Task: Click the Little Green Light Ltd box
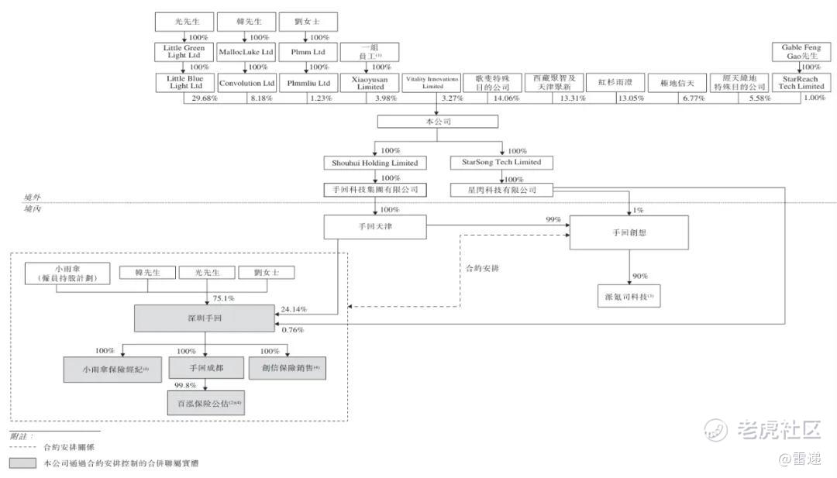tap(184, 53)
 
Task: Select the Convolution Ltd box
tap(246, 83)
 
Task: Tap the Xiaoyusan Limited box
tap(370, 83)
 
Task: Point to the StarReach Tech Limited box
tap(801, 83)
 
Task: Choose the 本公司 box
tap(437, 122)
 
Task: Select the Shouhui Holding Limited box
tap(375, 163)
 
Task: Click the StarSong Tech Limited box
tap(501, 163)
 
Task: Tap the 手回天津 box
tap(375, 225)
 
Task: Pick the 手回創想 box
tap(629, 232)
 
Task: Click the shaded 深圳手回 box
tap(205, 318)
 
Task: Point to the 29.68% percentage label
tap(205, 98)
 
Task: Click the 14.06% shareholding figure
tap(507, 98)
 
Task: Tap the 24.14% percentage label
tap(294, 309)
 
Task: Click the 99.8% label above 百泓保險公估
tap(185, 384)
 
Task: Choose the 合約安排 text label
tap(482, 268)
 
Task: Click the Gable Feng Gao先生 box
tap(801, 53)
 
